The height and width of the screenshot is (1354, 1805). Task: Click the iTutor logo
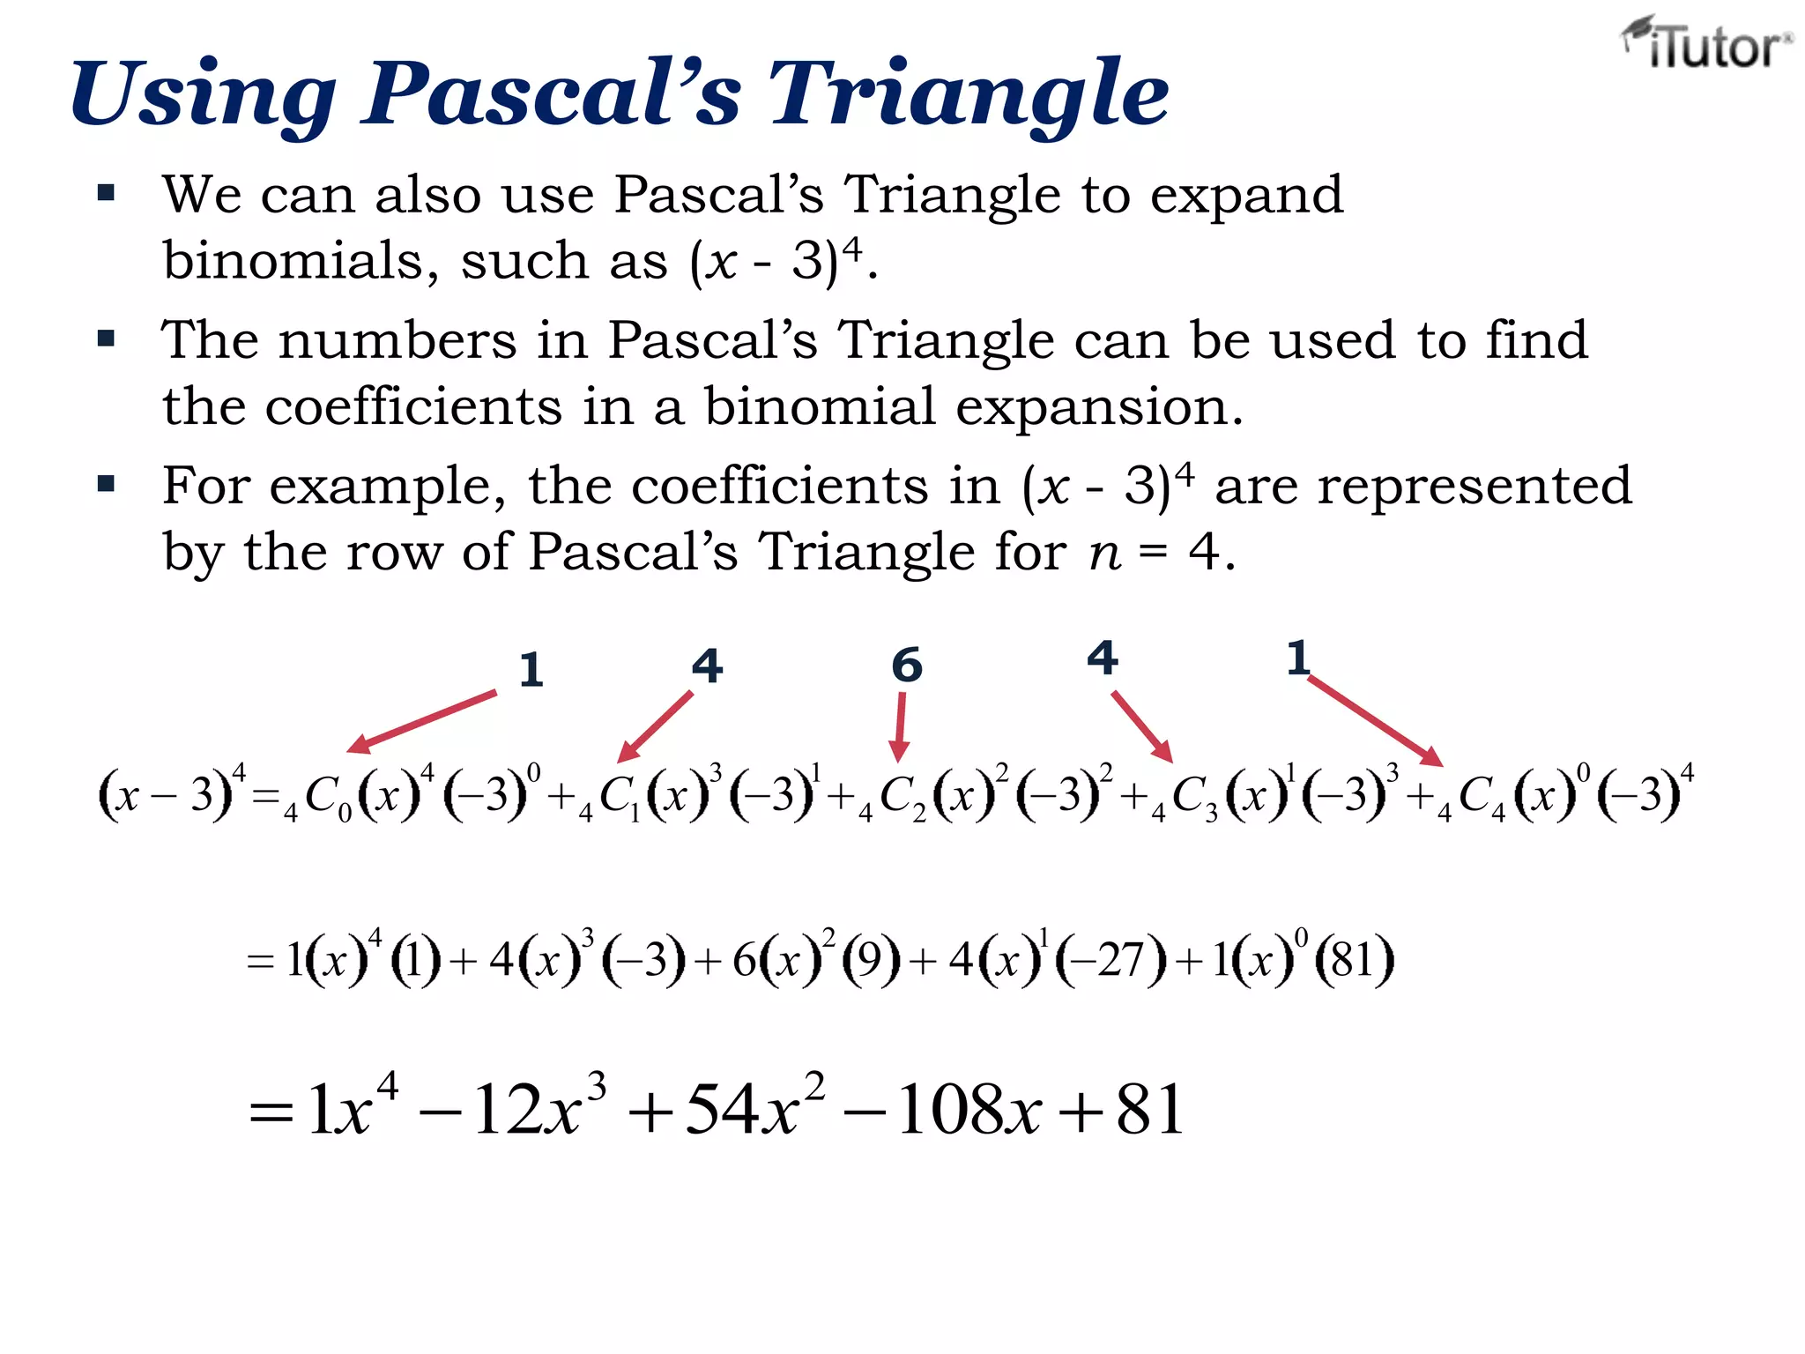[x=1705, y=44]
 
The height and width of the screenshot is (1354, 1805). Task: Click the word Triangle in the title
[x=969, y=93]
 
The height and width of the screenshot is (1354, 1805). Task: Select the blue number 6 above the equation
[x=906, y=665]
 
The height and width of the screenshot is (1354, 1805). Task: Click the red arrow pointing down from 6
[x=900, y=726]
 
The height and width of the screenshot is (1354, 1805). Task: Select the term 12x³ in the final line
[x=539, y=1108]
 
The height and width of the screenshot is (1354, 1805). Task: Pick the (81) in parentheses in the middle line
[x=1353, y=960]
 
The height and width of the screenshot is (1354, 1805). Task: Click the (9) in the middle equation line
[x=870, y=960]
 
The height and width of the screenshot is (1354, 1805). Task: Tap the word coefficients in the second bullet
[x=413, y=406]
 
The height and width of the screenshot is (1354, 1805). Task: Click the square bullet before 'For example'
[x=107, y=484]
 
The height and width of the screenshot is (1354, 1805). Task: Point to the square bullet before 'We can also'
[x=107, y=193]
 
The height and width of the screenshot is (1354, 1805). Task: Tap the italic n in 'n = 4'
[x=1105, y=554]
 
